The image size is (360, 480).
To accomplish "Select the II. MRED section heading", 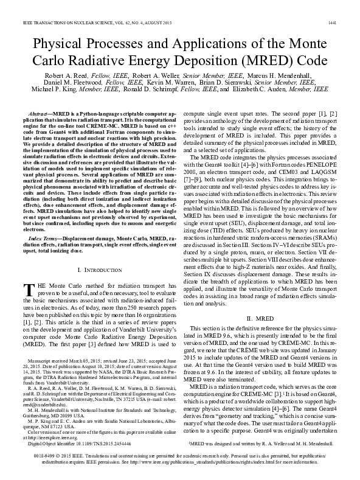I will click(263, 335).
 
